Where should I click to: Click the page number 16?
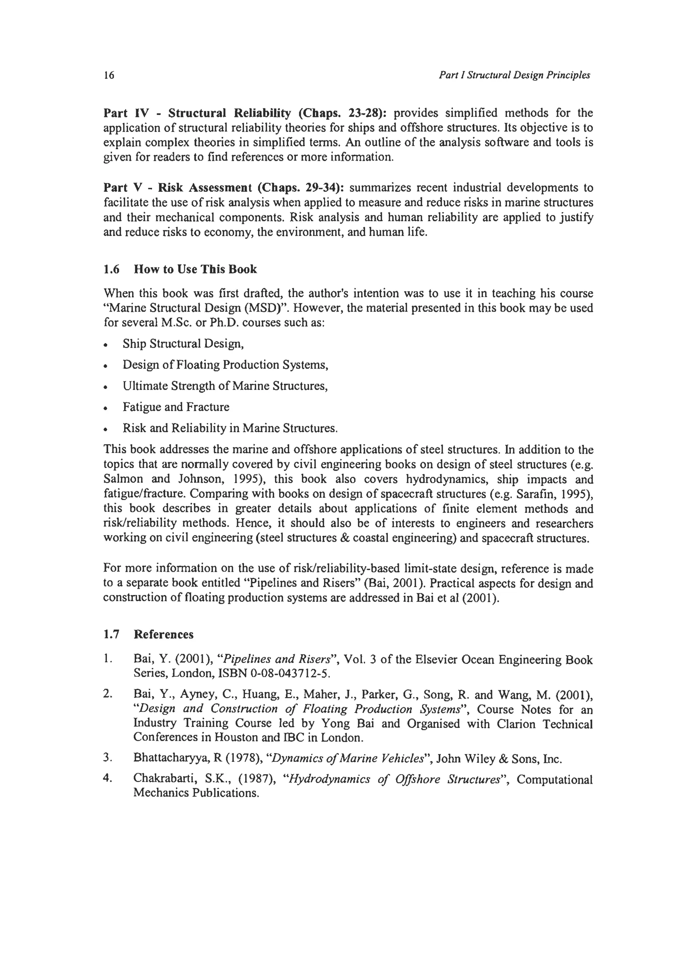click(109, 76)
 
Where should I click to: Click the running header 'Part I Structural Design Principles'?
click(514, 76)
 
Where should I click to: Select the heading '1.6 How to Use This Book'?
click(180, 269)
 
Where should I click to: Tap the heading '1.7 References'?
click(148, 634)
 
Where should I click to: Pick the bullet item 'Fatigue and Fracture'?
click(176, 407)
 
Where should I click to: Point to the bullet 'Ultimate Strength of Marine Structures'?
click(225, 386)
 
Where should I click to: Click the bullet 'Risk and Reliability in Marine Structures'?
click(230, 428)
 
